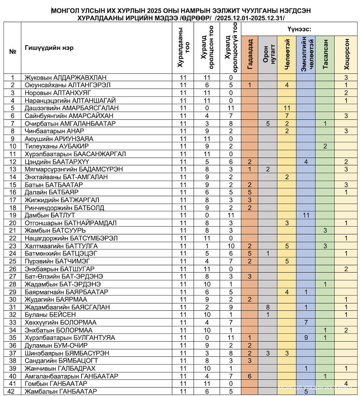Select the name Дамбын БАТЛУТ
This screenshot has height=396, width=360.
[50, 215]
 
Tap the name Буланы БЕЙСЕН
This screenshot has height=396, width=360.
[50, 314]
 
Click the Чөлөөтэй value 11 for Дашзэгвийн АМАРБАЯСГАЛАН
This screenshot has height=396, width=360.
[287, 108]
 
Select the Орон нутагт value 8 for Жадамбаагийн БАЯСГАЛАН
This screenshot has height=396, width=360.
[268, 307]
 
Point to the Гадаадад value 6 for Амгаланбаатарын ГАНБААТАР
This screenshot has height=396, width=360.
[249, 376]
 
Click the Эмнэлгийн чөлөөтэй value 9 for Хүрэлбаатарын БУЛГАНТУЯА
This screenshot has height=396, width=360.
[306, 338]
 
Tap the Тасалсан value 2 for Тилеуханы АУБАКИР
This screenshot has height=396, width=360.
[325, 146]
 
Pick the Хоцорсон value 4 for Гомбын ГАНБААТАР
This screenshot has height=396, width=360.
[346, 384]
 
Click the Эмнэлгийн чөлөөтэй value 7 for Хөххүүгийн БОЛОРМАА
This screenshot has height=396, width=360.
[306, 322]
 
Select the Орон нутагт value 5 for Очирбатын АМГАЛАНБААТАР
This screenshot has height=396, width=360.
[268, 123]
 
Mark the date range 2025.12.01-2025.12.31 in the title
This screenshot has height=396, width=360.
[250, 18]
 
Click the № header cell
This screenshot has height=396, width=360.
[12, 51]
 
